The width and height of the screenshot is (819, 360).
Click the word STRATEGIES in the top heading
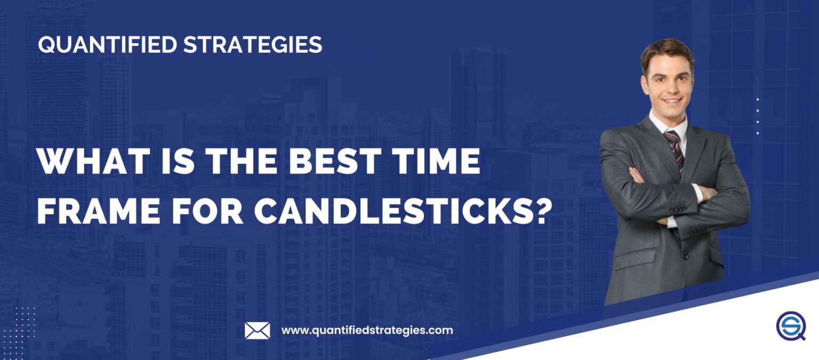point(253,45)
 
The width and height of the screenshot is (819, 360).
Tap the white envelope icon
point(257,331)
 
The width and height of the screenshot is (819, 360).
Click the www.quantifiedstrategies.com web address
point(367,330)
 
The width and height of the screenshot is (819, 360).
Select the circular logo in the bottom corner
point(791,326)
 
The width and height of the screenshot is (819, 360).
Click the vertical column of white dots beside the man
point(758,116)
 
